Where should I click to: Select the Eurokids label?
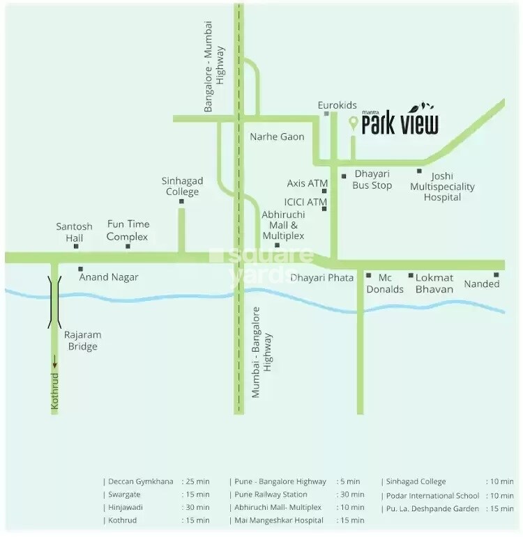coord(338,106)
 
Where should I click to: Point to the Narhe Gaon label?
coord(277,137)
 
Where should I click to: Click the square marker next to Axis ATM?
coord(324,190)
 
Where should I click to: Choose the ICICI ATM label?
coord(307,203)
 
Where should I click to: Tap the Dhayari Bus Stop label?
coord(372,180)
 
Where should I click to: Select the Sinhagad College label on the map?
coord(181,186)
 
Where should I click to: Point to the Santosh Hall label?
coord(75,232)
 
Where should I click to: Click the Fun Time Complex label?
coord(128,231)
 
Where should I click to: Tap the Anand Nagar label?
coord(109,277)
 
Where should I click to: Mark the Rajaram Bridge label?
coord(81,341)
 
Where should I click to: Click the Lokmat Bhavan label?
coord(434,283)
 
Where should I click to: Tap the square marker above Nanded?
coord(497,274)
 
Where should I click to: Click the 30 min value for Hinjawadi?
coord(195,507)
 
